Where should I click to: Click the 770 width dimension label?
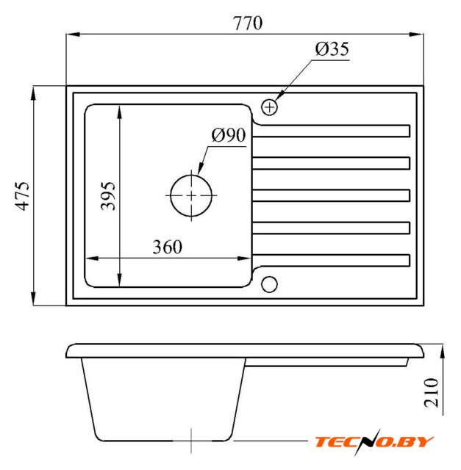tap(248, 23)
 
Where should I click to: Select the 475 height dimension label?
tap(23, 196)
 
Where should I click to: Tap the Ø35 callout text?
tap(332, 49)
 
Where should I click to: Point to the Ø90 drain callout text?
tap(229, 135)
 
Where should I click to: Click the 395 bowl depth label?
tap(108, 196)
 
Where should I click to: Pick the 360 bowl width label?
tap(168, 247)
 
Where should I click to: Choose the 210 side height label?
tap(432, 393)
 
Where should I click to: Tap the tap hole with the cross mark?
tap(270, 107)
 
